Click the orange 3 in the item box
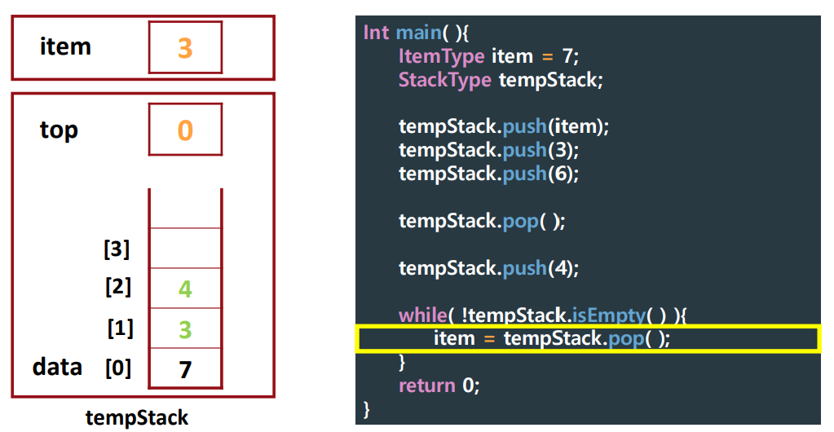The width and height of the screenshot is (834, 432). coord(185,48)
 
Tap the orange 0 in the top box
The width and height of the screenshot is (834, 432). coord(185,130)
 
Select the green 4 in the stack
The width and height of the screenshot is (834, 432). coord(185,289)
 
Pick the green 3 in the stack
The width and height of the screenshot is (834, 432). coord(185,329)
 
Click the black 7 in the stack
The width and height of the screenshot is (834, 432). coord(185,369)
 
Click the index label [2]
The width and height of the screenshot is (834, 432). coord(117,287)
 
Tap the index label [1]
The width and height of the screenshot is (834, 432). coord(120,328)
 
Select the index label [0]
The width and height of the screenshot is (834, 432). coord(117,368)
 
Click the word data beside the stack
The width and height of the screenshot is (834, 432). coord(57,367)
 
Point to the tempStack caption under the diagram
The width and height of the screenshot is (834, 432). coord(137,418)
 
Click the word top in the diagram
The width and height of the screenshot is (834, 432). coord(59,130)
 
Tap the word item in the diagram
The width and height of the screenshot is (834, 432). coord(65,46)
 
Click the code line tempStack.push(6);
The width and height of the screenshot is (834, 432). coord(488,174)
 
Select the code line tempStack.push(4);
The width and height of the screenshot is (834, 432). coord(488,268)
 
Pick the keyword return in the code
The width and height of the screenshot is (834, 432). coord(427,385)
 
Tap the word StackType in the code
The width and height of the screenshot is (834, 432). coord(444,80)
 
